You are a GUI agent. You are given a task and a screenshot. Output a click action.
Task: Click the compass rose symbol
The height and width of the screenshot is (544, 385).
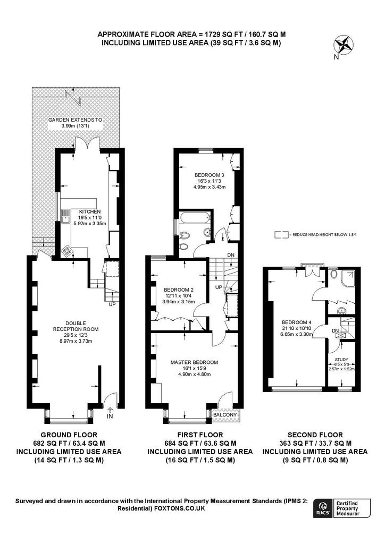[344, 45]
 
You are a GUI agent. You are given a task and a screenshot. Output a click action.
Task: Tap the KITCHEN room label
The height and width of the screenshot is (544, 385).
[90, 211]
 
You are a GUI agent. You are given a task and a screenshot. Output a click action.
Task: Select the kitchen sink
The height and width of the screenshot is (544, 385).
[65, 216]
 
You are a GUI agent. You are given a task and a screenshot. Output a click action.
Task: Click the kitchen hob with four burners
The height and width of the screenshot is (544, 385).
[66, 251]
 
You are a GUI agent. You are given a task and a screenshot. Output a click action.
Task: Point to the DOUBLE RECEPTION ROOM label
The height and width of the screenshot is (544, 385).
[76, 326]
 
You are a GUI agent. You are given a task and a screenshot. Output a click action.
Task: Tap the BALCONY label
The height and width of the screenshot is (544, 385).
[225, 414]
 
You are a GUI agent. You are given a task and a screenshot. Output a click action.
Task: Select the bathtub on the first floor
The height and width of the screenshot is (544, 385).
[195, 218]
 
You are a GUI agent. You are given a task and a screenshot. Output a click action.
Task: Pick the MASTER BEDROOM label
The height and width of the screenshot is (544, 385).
[195, 362]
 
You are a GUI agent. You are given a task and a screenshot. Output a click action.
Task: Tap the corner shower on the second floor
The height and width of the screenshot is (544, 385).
[348, 278]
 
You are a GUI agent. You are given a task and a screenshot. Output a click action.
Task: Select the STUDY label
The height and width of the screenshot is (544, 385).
[341, 360]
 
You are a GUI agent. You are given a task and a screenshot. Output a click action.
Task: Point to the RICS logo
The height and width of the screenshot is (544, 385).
[323, 508]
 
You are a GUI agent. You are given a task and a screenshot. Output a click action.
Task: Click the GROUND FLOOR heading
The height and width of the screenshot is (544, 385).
[69, 435]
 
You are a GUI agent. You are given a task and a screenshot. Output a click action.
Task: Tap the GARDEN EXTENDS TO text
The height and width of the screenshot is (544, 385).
[76, 120]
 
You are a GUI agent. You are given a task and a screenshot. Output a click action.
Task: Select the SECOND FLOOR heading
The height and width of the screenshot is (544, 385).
[315, 435]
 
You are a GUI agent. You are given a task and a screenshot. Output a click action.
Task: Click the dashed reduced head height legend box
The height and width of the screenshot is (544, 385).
[281, 235]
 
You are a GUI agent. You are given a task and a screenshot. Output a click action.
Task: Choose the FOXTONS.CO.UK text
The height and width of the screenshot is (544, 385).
[180, 508]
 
